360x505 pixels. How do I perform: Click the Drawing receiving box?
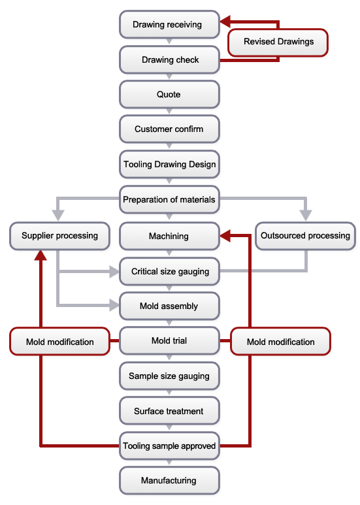tap(169, 24)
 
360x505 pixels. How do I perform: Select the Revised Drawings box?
tap(278, 42)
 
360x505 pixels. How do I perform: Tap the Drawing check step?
tap(169, 59)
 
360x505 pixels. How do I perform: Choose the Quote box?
tap(169, 94)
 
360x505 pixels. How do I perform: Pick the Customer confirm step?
tap(169, 129)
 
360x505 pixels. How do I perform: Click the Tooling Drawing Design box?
tap(169, 164)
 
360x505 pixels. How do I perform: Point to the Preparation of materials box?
tap(169, 199)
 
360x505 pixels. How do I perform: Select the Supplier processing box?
tap(59, 236)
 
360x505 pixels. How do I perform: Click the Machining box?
tap(169, 236)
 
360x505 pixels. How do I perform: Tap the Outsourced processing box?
tap(305, 236)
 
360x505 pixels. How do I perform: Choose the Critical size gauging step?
tap(169, 271)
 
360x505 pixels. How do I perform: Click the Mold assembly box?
tap(169, 306)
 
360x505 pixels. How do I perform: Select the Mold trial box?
tap(169, 341)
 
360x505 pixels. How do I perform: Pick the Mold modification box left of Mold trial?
tap(59, 342)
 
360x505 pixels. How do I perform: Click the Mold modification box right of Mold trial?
tap(280, 342)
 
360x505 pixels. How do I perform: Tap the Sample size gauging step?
tap(169, 376)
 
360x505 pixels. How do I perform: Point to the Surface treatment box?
tap(169, 411)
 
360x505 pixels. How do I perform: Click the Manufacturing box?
tap(169, 481)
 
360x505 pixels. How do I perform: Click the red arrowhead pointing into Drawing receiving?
tap(225, 22)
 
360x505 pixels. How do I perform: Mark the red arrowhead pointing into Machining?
tap(225, 236)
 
